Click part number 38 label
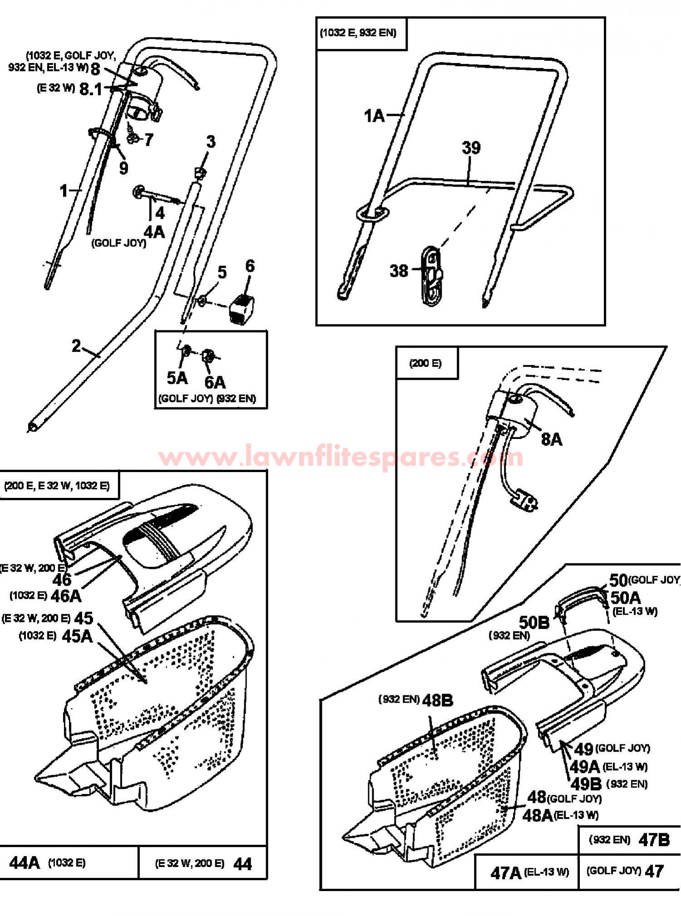tap(399, 271)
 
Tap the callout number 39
tap(471, 148)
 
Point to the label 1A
tap(375, 116)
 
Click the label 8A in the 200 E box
tap(552, 439)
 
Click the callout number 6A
tap(215, 382)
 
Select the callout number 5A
tap(177, 378)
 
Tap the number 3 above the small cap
tap(211, 142)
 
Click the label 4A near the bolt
tap(154, 231)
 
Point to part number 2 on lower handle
tap(76, 346)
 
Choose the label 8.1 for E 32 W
tap(91, 89)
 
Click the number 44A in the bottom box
tap(25, 862)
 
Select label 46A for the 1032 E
tap(66, 596)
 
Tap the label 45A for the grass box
tap(77, 636)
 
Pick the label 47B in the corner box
tap(654, 840)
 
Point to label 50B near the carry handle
tap(534, 622)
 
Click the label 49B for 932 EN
tap(586, 783)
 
